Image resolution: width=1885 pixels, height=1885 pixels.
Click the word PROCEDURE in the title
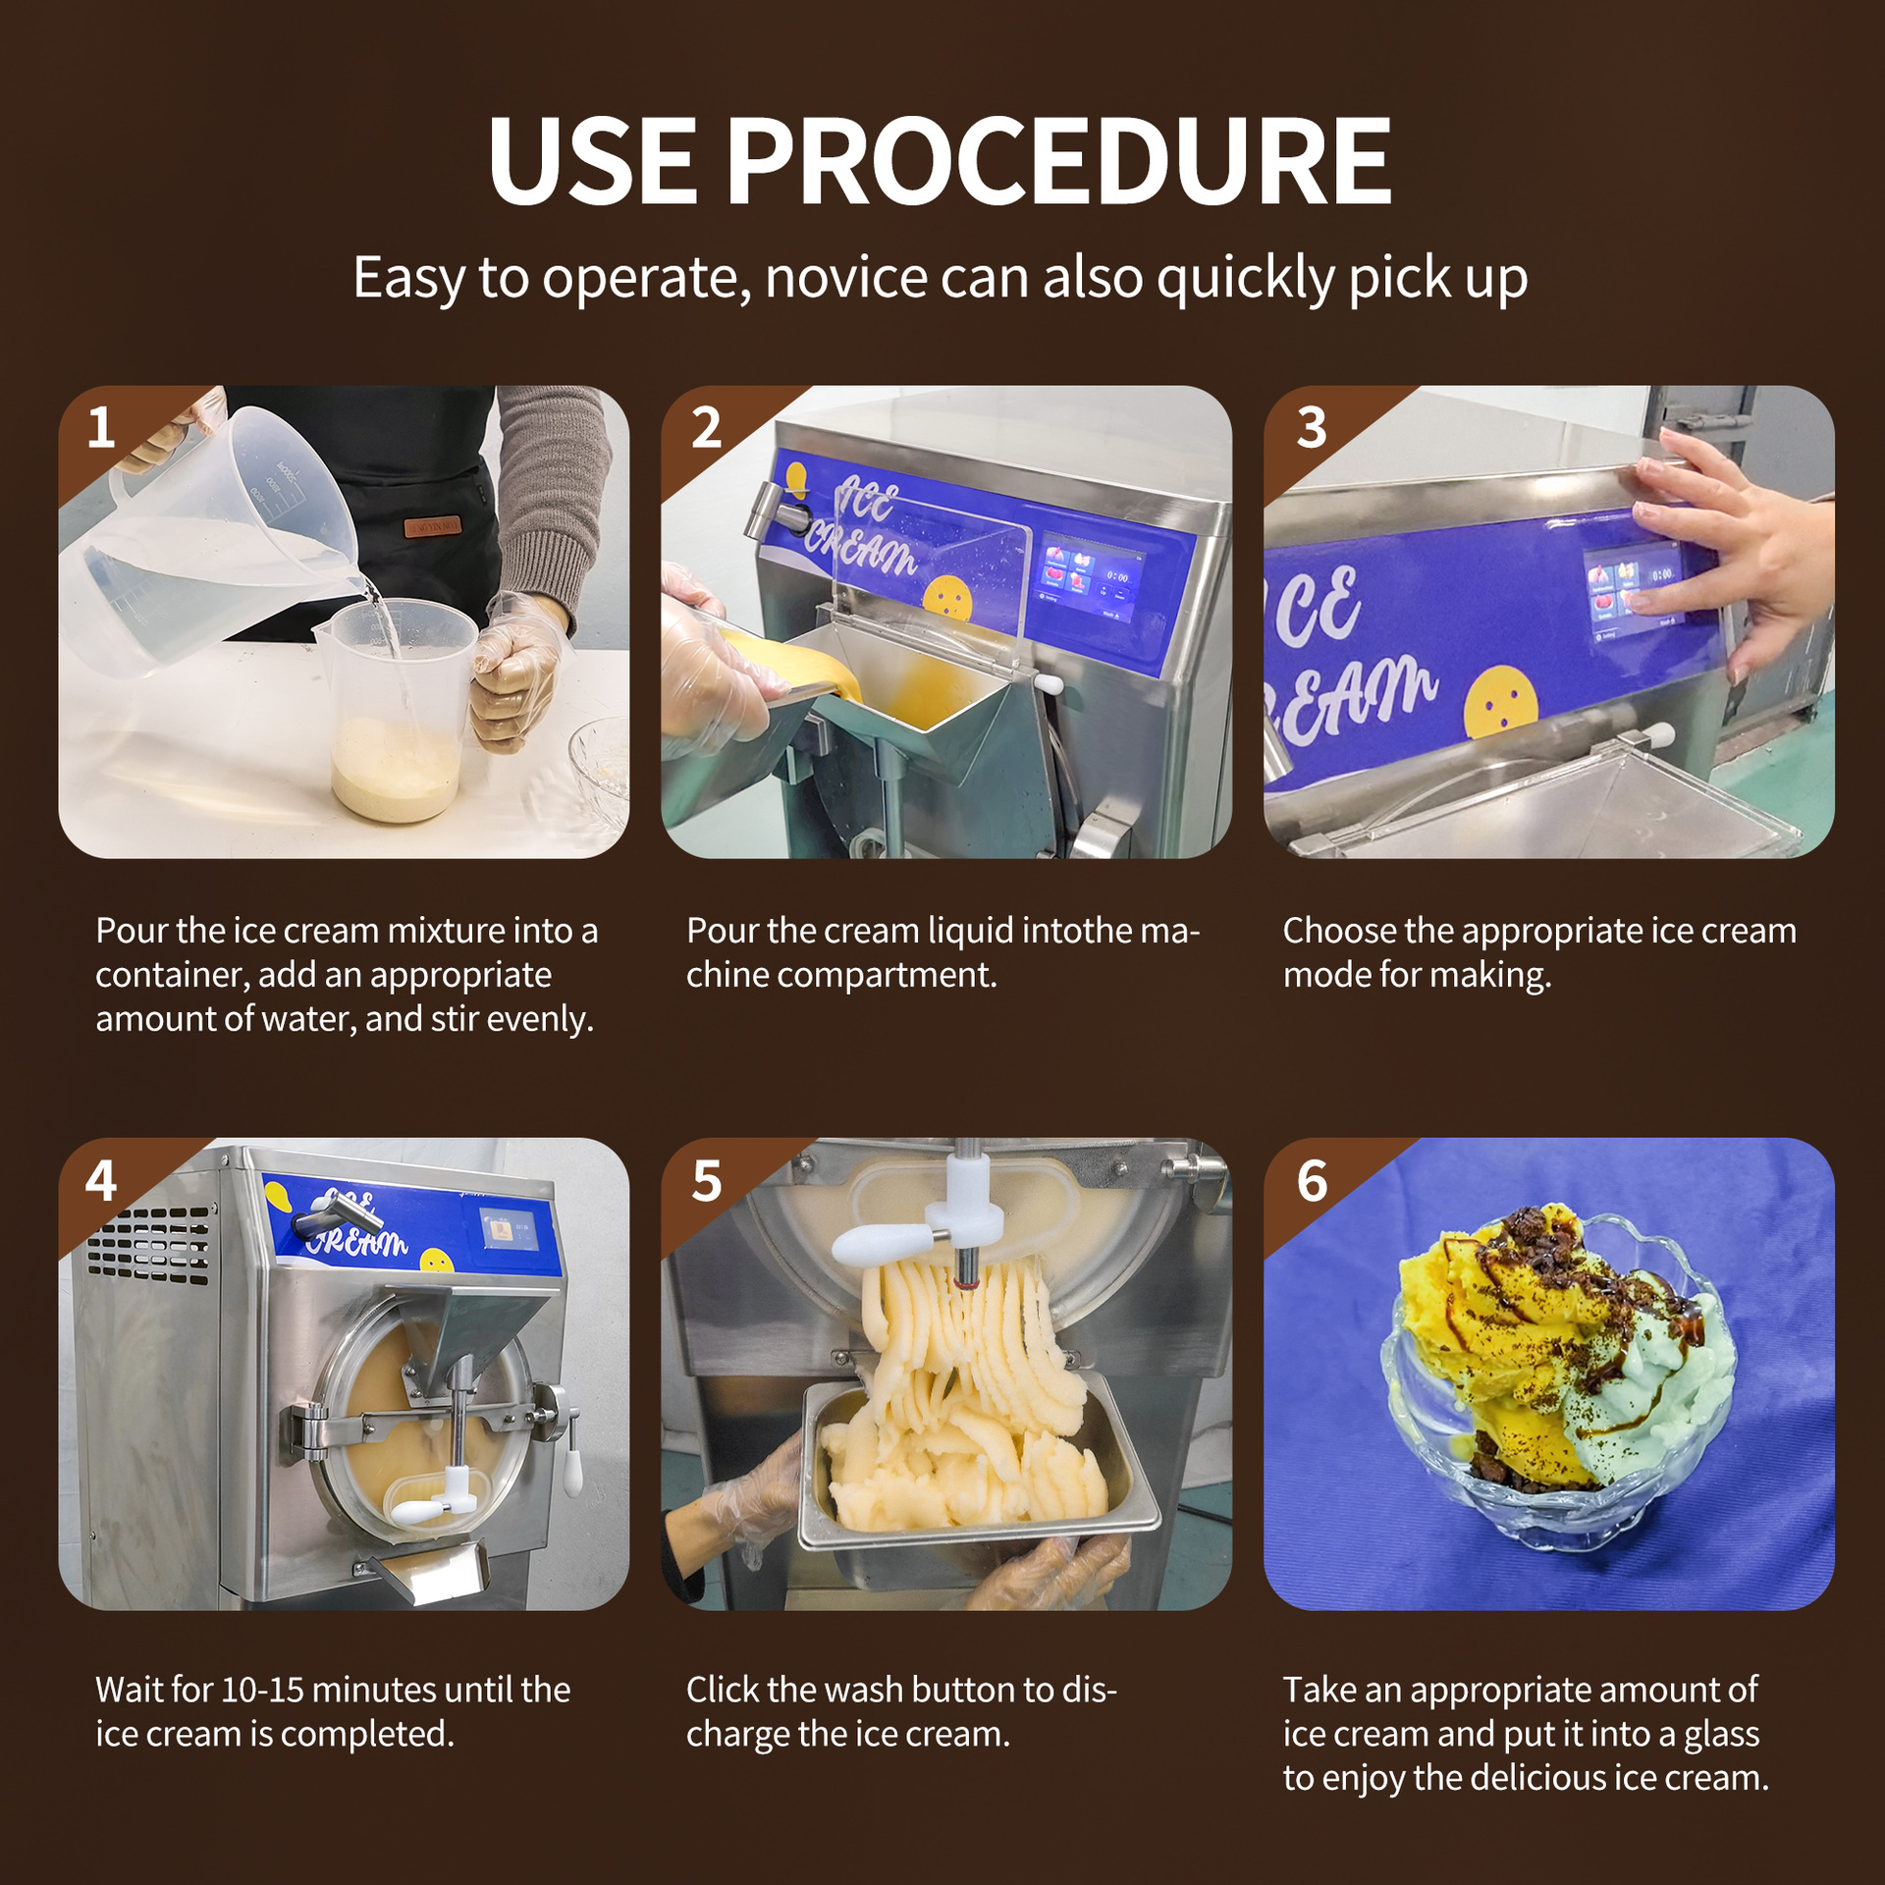pos(1058,161)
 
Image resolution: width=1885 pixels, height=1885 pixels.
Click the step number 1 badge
pos(101,428)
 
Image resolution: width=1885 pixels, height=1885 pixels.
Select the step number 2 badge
pos(706,428)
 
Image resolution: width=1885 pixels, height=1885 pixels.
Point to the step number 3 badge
pos(1312,428)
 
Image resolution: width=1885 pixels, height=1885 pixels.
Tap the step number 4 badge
pos(101,1181)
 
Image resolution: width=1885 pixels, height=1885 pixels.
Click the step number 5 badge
pos(706,1181)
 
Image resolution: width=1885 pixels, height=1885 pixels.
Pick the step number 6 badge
pos(1312,1181)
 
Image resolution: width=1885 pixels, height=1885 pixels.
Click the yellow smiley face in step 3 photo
pos(1501,703)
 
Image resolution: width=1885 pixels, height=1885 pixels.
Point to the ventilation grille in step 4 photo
pos(149,1245)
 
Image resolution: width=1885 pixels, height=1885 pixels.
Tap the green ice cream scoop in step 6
pos(1649,1374)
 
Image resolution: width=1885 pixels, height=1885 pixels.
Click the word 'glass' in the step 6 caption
pos(1722,1735)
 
